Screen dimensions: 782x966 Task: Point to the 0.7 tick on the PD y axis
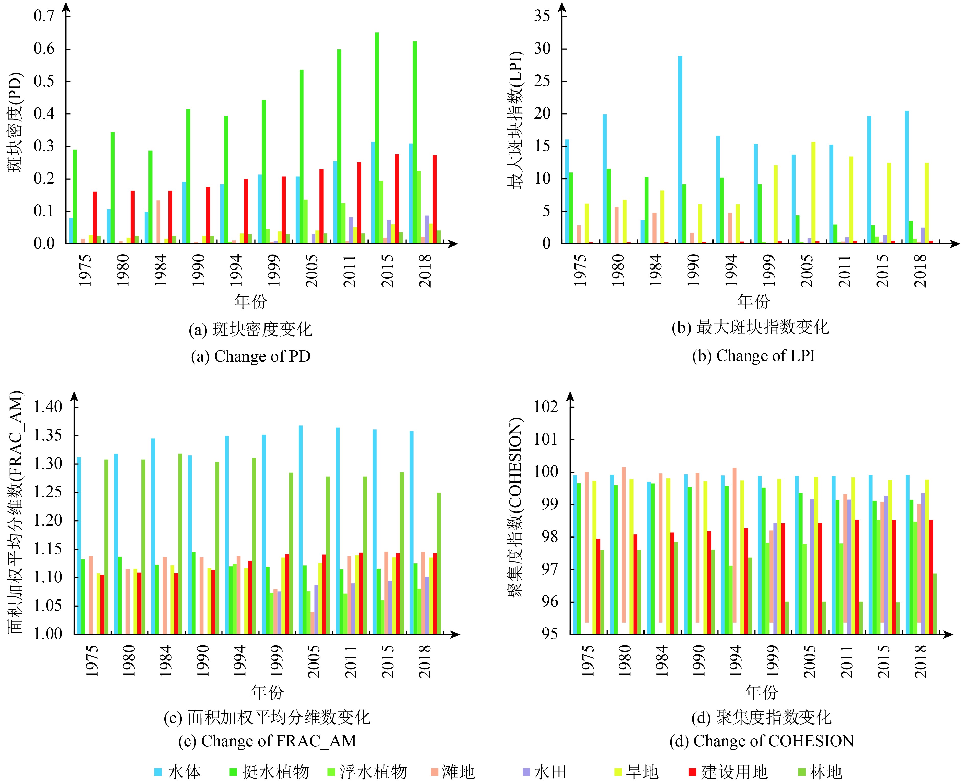pos(44,16)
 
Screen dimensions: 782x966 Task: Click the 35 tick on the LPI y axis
pos(542,16)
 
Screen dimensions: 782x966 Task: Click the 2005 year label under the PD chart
pos(312,270)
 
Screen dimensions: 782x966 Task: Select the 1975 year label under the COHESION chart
pos(588,661)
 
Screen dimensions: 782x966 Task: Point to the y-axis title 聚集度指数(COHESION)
pos(515,507)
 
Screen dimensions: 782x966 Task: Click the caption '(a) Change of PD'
pos(250,356)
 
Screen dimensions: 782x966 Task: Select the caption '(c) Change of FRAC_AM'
pos(267,741)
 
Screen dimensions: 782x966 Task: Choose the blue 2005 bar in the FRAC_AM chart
pos(301,529)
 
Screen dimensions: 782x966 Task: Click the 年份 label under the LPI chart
pos(753,301)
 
